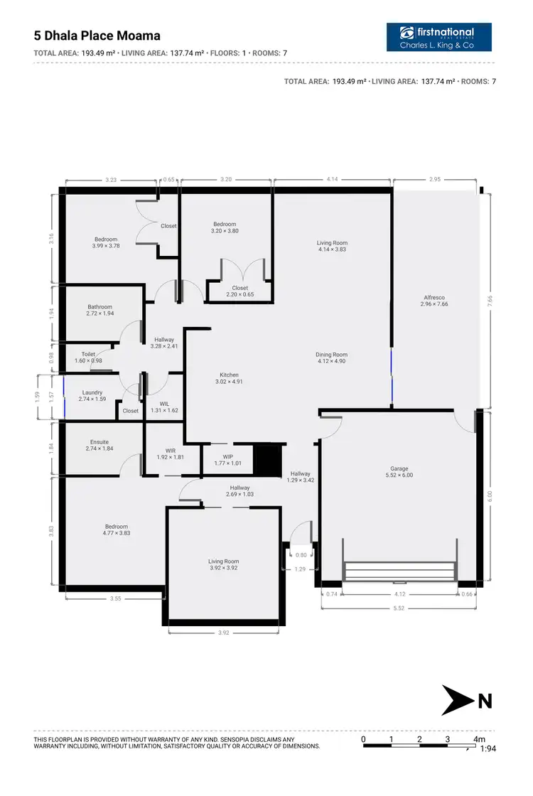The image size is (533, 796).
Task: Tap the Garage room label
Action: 399,468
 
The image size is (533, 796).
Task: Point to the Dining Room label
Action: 332,355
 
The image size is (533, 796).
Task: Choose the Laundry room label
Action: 92,392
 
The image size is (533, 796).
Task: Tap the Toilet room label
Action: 88,353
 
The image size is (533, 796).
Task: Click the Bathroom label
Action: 100,307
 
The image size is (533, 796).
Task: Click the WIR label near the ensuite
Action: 171,450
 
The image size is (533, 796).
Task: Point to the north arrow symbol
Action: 458,700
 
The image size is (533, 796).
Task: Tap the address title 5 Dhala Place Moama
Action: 97,36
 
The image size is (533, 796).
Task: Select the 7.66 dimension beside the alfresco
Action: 500,301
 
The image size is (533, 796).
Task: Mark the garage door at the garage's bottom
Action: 399,571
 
